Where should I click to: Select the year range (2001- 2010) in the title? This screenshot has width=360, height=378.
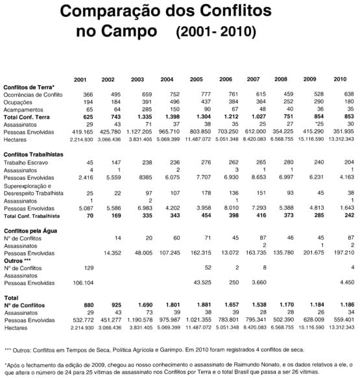point(216,31)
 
